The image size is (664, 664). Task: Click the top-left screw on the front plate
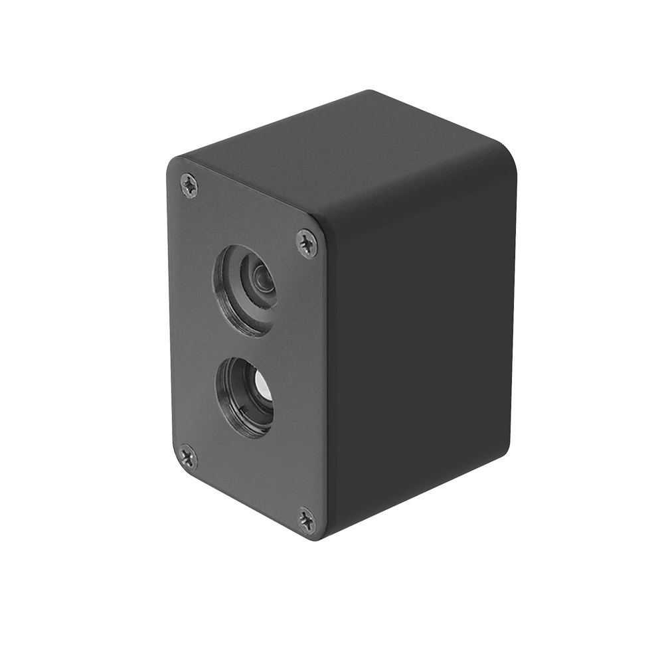point(189,185)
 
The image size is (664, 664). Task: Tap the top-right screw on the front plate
point(307,243)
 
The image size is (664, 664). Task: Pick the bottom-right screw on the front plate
point(306,520)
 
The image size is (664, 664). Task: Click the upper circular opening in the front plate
point(245,290)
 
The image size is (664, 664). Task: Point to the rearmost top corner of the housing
point(370,92)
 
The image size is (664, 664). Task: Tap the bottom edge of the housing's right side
point(425,495)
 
